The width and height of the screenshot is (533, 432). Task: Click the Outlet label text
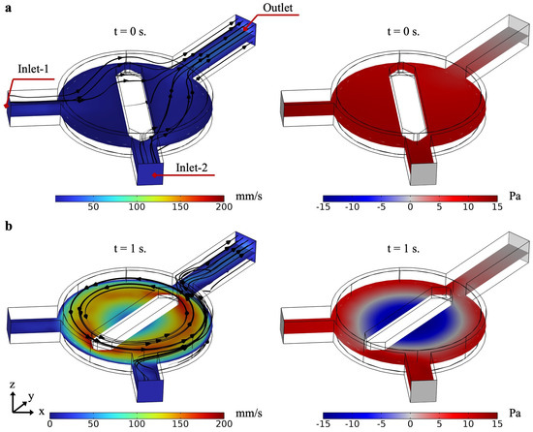point(278,8)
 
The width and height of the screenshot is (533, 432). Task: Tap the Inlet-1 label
point(33,70)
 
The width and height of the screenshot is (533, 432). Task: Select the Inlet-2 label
point(192,168)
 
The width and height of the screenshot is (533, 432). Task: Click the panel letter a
point(8,9)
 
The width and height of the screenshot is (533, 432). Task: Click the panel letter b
point(9,226)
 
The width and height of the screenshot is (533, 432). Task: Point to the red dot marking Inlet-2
point(155,175)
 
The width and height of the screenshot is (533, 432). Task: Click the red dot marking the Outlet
point(244,29)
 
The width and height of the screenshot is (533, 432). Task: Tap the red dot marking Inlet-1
point(6,106)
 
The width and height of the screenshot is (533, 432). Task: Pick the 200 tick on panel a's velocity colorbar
point(224,206)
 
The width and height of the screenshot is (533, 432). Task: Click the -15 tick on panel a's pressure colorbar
point(323,206)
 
